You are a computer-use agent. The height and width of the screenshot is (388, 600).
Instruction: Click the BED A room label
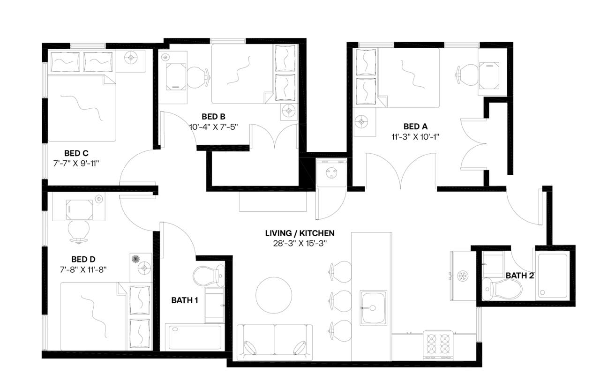[415, 127]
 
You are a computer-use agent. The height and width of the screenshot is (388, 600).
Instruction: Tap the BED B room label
[214, 116]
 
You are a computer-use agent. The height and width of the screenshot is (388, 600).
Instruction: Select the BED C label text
[76, 153]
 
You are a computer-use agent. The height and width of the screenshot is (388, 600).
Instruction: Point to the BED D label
[83, 259]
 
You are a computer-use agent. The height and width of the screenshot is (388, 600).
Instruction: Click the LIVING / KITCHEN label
[300, 233]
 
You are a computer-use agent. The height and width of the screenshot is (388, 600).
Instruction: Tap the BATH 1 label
[184, 300]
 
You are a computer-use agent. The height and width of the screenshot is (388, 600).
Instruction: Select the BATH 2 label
[519, 276]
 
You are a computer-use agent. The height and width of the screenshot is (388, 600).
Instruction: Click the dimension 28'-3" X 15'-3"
[300, 243]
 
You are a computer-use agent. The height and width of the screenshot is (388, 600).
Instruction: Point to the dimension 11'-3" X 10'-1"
[415, 137]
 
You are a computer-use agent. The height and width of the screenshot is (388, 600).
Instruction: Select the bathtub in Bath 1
[195, 337]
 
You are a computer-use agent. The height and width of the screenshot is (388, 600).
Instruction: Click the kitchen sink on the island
[374, 307]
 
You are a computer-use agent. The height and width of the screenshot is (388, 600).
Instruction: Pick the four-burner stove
[438, 345]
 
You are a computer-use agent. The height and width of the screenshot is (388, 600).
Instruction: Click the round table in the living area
[274, 295]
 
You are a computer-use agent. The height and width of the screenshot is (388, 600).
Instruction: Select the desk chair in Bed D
[78, 231]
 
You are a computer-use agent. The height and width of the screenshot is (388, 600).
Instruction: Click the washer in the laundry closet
[331, 173]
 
